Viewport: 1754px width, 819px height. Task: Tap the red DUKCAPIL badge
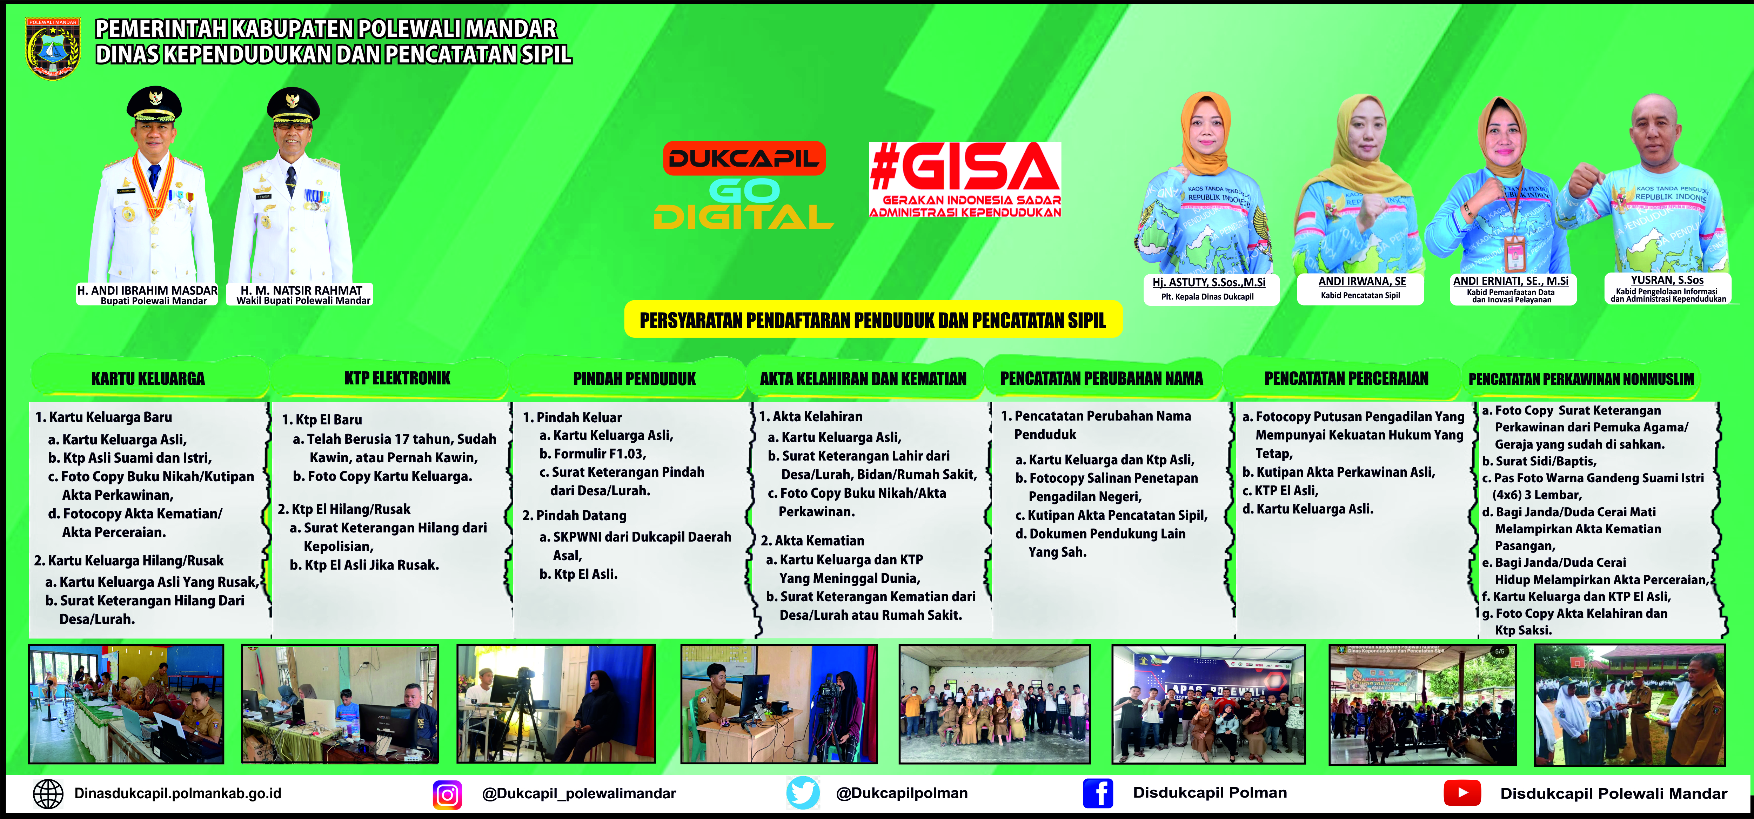(x=744, y=158)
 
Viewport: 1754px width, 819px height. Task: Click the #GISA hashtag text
(x=965, y=167)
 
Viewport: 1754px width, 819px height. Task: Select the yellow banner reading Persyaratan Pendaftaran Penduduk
(x=873, y=319)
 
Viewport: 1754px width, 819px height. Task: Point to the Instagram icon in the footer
(x=447, y=794)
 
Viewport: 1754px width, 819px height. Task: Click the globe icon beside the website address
(x=48, y=794)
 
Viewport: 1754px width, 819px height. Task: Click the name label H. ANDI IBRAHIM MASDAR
(x=147, y=290)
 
